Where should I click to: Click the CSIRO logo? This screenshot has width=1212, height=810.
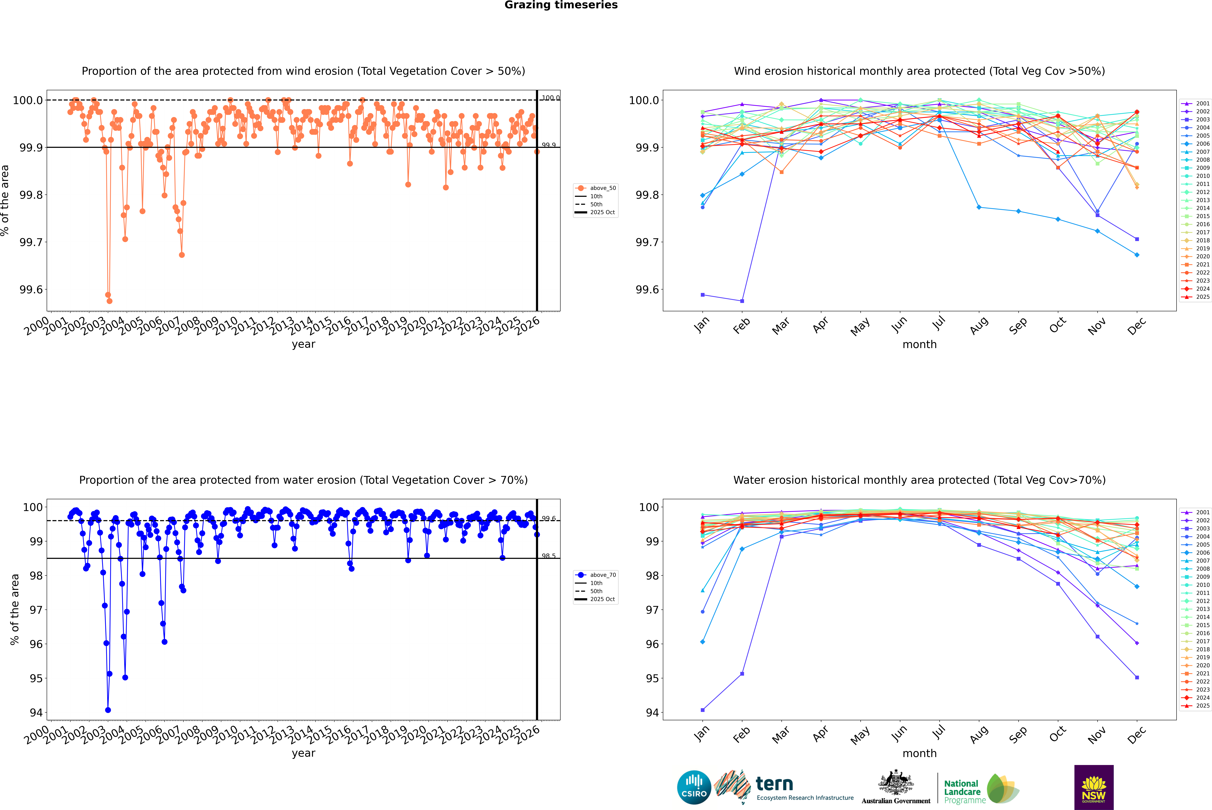coord(694,787)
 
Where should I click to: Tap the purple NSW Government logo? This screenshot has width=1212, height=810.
coord(1094,787)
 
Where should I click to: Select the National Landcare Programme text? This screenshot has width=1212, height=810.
coord(962,791)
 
